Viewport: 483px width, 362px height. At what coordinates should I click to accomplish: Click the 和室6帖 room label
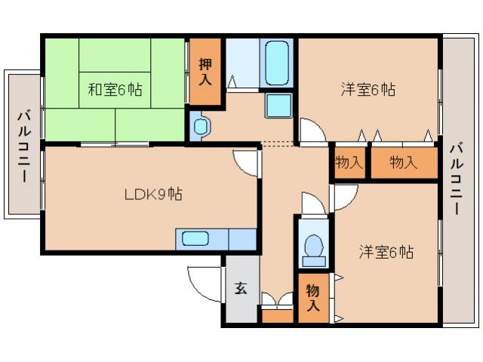(x=115, y=90)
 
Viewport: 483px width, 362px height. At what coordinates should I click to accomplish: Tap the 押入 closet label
(x=205, y=72)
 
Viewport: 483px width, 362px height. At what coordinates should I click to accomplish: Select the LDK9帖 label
(x=152, y=194)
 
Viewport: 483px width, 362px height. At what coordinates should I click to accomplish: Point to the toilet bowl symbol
(x=312, y=247)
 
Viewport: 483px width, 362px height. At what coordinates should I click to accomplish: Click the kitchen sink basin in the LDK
(x=195, y=239)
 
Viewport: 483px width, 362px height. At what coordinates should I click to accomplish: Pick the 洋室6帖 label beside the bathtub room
(x=368, y=90)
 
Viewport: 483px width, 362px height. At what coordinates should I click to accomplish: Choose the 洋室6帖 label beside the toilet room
(x=386, y=251)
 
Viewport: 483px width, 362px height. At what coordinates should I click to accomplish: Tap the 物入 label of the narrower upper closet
(x=348, y=162)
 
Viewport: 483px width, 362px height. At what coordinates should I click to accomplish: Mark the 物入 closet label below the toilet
(x=312, y=299)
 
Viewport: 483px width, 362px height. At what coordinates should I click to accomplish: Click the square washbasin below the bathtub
(x=278, y=105)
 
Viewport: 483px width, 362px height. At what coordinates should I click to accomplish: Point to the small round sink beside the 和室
(x=202, y=127)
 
